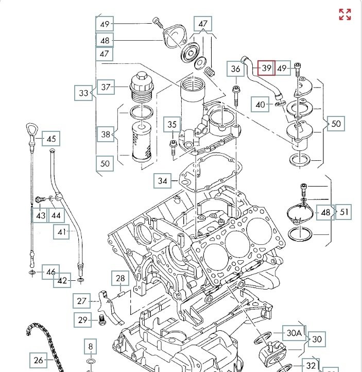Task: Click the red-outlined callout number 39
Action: (x=266, y=67)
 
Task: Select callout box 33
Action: (x=84, y=93)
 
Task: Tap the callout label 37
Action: (x=106, y=87)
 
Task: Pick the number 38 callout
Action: (x=106, y=134)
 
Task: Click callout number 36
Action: (x=235, y=69)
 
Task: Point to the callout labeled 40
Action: (x=261, y=105)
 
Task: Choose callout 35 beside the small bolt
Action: (x=173, y=124)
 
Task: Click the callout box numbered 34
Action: (x=163, y=181)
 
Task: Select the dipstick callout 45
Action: (x=51, y=139)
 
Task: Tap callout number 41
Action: (x=63, y=232)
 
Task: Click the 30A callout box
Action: (x=294, y=333)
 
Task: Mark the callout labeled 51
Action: (x=344, y=212)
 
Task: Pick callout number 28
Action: (x=120, y=279)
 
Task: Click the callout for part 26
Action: (x=39, y=360)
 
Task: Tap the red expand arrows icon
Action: (x=344, y=14)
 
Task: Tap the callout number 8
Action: (x=91, y=346)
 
